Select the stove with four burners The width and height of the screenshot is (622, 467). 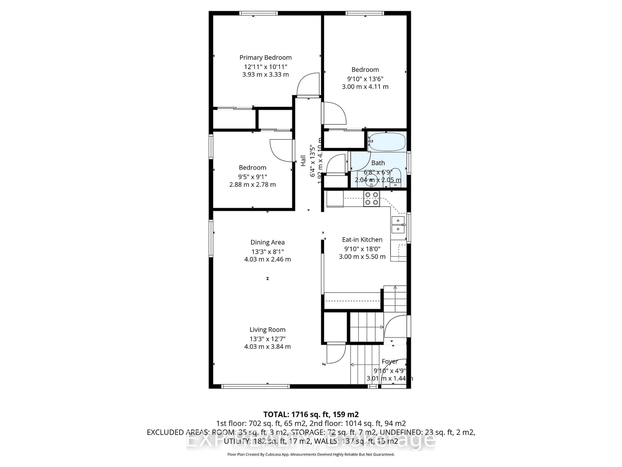(x=371, y=198)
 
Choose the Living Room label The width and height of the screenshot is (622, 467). (x=267, y=330)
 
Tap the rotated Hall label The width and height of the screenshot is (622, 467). (x=303, y=161)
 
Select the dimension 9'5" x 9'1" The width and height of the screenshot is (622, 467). (x=253, y=177)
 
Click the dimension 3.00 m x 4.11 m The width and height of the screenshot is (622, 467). (x=365, y=87)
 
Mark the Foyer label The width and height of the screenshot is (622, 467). (x=390, y=361)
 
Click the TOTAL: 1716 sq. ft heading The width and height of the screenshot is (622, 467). (x=311, y=414)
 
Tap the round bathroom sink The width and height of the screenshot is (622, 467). (x=371, y=181)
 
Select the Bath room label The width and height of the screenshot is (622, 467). (x=378, y=163)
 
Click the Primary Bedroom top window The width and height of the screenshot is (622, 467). (x=259, y=13)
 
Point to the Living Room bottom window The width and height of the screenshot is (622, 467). (x=255, y=387)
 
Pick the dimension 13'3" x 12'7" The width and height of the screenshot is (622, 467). (x=267, y=339)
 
